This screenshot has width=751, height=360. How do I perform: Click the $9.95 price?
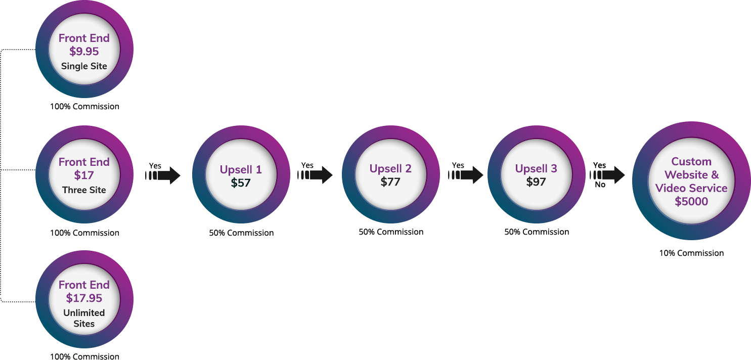tap(84, 52)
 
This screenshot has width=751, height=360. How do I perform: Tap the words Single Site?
tap(84, 66)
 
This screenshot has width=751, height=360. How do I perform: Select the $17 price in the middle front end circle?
tap(84, 175)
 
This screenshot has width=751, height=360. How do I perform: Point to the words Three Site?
tap(84, 190)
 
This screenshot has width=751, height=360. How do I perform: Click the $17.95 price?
tap(84, 298)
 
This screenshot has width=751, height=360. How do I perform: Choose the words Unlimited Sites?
tap(84, 318)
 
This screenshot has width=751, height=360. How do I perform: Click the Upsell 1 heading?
tap(241, 170)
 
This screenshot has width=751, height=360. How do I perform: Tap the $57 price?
tap(241, 183)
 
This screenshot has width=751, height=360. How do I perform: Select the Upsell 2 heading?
tap(390, 168)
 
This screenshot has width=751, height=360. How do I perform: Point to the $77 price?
tap(390, 182)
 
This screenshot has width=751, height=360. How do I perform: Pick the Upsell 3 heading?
tap(536, 168)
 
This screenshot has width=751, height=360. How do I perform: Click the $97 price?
tap(536, 182)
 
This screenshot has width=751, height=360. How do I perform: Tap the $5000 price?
tap(691, 201)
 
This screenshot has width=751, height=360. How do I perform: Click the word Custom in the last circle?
tap(691, 162)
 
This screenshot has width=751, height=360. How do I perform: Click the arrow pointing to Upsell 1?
tap(163, 175)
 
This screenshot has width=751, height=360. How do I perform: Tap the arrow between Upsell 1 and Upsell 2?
tap(315, 175)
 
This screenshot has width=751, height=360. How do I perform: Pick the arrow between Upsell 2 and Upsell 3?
tap(466, 175)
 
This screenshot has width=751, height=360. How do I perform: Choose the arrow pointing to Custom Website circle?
tap(607, 175)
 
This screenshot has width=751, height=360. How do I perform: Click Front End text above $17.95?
tap(84, 285)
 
